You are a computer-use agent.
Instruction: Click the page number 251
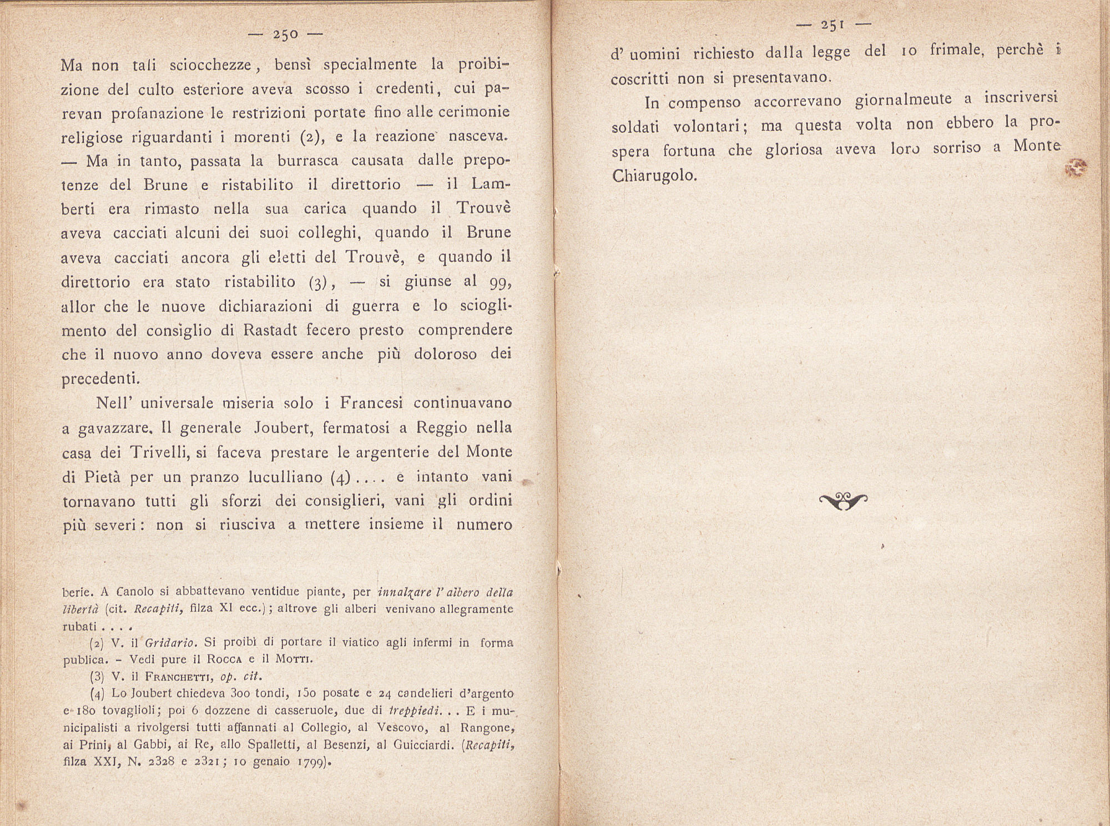coord(833,24)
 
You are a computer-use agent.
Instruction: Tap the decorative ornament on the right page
coord(843,501)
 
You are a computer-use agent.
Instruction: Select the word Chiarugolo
coord(653,175)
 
